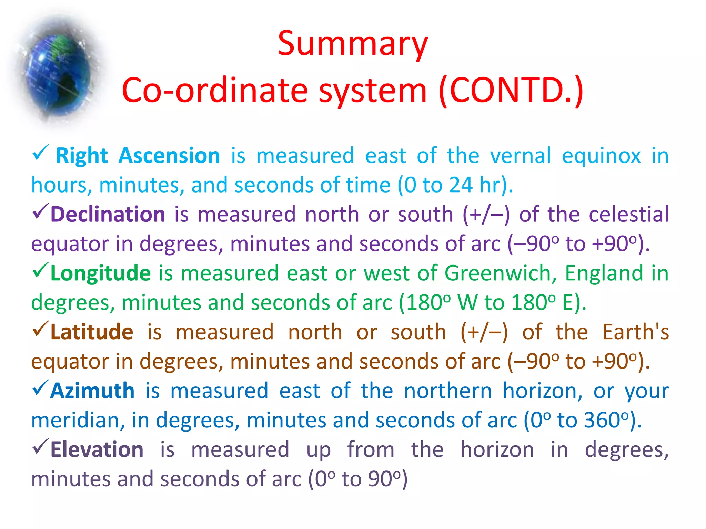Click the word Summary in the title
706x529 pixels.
coord(352,44)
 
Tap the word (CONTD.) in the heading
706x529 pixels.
coord(511,90)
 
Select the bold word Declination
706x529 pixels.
coord(108,214)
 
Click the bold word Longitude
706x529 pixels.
coord(100,273)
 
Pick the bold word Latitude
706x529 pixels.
coord(92,332)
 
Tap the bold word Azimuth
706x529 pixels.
coord(92,391)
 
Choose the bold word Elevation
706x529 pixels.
coord(97,450)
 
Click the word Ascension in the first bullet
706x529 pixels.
coord(169,156)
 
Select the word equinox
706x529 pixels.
coord(601,156)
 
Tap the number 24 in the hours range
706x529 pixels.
coord(461,185)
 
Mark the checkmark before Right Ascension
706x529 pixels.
coord(40,153)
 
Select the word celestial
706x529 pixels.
coord(628,214)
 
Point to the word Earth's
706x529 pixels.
coord(635,332)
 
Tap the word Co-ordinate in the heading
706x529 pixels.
coord(214,90)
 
